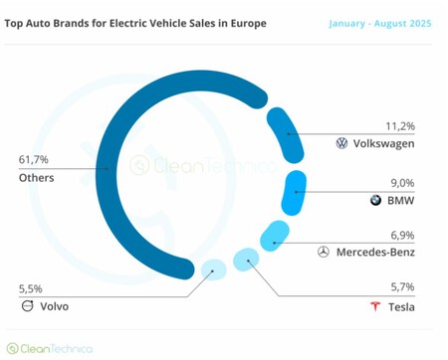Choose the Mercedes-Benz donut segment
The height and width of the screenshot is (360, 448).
coord(274,237)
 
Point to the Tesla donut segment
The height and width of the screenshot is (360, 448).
coord(245,262)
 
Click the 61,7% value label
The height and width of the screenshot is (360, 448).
coord(34,158)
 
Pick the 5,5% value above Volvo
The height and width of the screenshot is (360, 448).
coord(32,288)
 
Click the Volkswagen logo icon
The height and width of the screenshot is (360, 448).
coord(342,144)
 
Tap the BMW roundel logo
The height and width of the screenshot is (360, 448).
coord(375,200)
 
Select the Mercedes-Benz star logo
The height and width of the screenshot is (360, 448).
coord(323,253)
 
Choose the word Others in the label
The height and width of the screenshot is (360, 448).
coord(36,178)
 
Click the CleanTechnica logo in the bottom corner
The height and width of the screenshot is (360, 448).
coord(50,348)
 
